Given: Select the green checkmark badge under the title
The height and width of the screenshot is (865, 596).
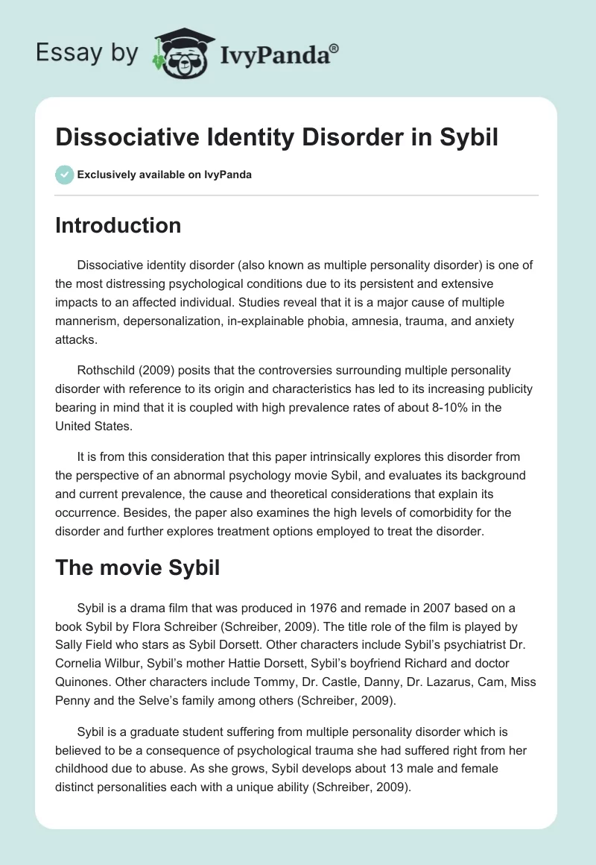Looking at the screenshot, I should tap(64, 174).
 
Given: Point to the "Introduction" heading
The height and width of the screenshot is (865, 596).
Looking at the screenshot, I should tap(118, 225).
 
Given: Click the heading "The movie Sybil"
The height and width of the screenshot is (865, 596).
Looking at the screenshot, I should tap(137, 567).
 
